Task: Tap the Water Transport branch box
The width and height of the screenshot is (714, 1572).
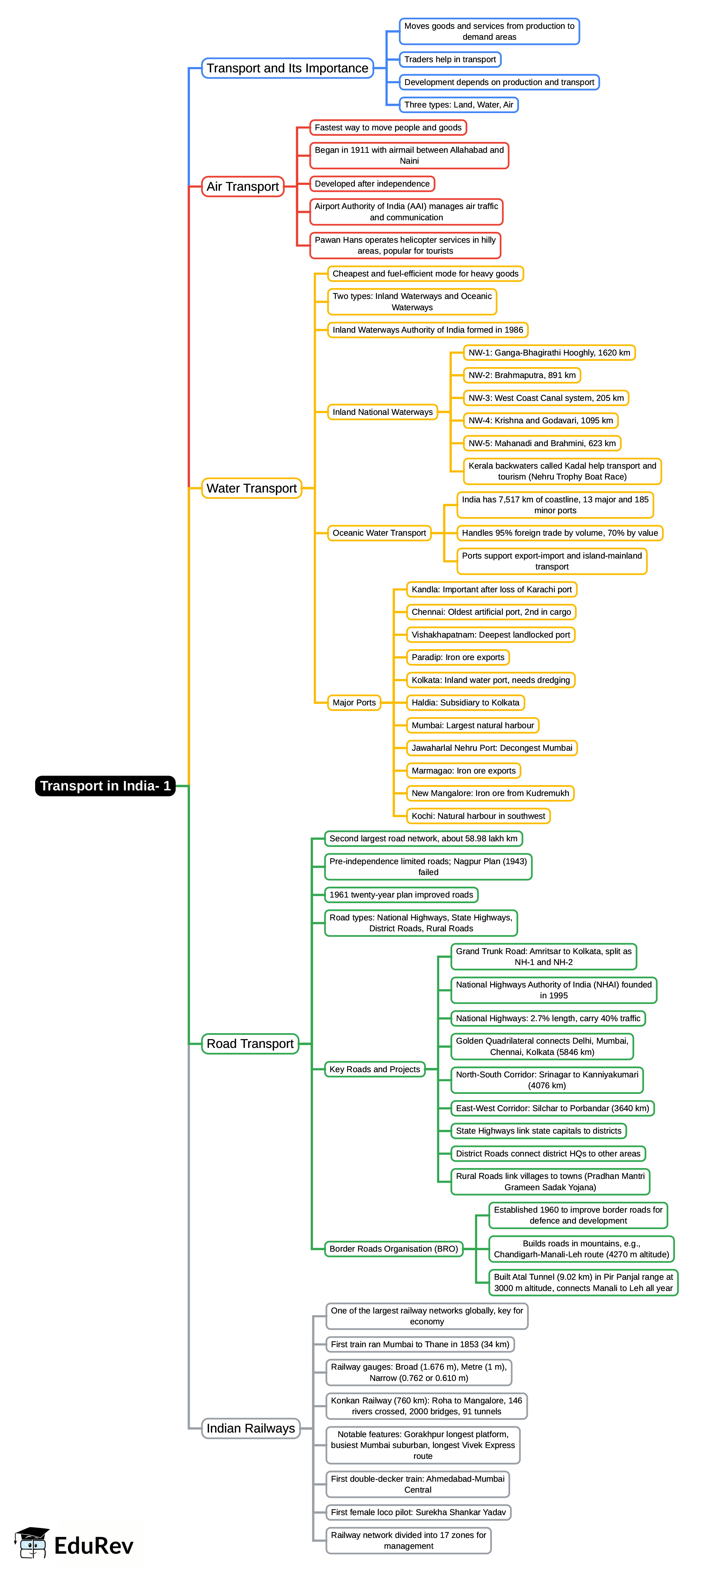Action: pyautogui.click(x=252, y=488)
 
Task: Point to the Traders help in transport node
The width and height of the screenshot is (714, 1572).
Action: pyautogui.click(x=450, y=59)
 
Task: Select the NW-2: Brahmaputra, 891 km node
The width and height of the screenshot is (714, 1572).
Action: pyautogui.click(x=522, y=375)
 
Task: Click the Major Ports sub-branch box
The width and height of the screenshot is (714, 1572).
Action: pyautogui.click(x=354, y=703)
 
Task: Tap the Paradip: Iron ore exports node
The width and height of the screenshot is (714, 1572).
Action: pyautogui.click(x=458, y=657)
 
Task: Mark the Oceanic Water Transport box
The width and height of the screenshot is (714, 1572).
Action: pyautogui.click(x=379, y=533)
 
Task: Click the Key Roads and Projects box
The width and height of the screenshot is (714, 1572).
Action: pyautogui.click(x=375, y=1069)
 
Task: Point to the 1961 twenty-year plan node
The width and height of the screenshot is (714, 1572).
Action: pyautogui.click(x=401, y=895)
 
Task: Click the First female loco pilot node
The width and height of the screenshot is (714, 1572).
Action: pyautogui.click(x=418, y=1512)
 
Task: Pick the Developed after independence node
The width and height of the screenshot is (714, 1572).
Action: pyautogui.click(x=372, y=184)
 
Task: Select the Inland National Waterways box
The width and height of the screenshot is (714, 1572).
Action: pyautogui.click(x=382, y=412)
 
